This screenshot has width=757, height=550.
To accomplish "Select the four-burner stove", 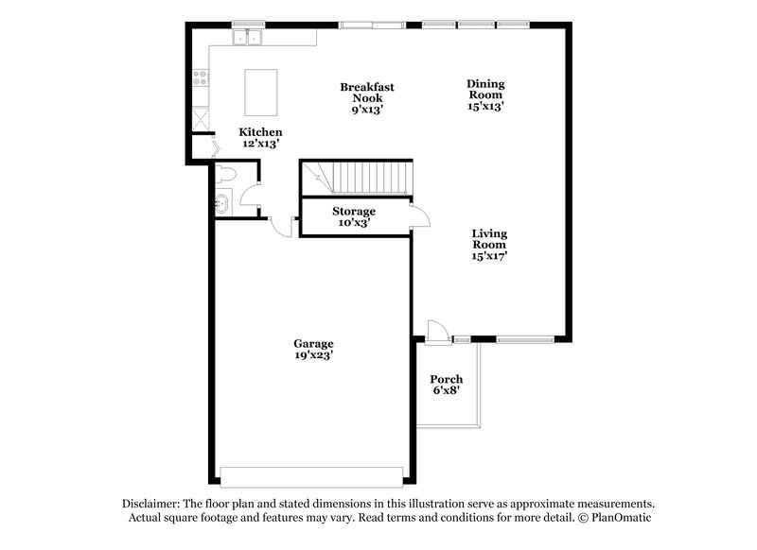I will [200, 80].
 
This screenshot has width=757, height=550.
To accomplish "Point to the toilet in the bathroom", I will [226, 175].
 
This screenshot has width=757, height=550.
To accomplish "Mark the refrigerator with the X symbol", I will [201, 119].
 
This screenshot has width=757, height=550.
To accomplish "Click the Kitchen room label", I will [260, 131].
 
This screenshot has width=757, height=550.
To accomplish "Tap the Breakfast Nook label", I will [367, 92].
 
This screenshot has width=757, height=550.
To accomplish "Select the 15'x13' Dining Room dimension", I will [484, 107].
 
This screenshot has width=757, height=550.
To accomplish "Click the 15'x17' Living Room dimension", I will [490, 255].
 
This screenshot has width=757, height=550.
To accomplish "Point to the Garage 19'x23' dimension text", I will [313, 356].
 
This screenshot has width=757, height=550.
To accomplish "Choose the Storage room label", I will [354, 211].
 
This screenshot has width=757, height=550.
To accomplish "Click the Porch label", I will [447, 379].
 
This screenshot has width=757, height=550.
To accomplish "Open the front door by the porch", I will [435, 331].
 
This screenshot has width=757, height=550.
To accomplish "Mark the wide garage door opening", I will [311, 474].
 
